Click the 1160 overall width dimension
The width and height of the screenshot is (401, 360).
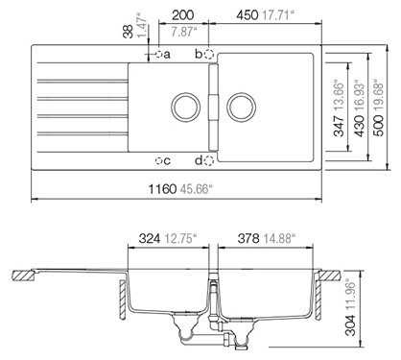point(162,189)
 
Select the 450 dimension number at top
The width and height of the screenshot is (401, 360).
point(248,15)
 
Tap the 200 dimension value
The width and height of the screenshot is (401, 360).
point(182,14)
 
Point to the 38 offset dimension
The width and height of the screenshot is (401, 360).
point(129,32)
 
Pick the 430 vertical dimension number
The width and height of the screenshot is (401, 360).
point(360,126)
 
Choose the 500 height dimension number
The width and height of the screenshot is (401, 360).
point(378,126)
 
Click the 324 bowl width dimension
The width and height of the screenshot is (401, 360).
point(150,238)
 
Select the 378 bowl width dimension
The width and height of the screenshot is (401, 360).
point(248,238)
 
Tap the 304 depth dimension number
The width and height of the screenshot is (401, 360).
point(351,325)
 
